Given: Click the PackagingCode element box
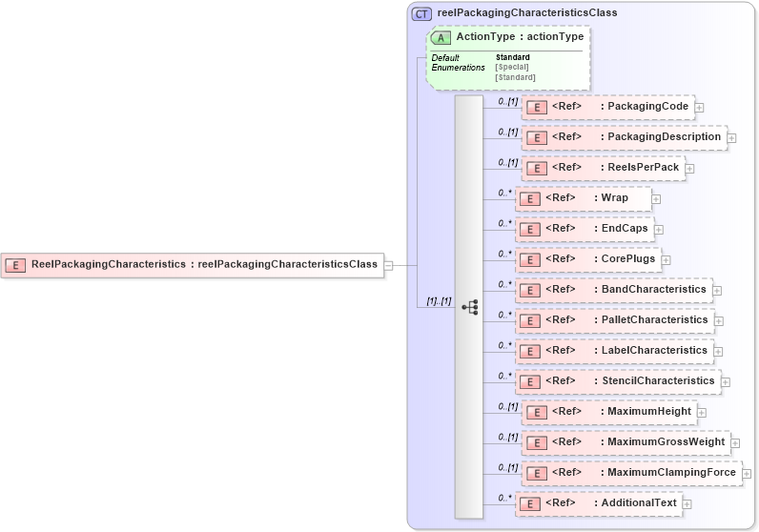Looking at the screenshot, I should coord(607,107).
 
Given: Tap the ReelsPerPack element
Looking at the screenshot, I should coord(603,168).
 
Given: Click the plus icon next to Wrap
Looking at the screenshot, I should coord(656,199).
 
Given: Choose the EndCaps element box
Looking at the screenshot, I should coord(585,229).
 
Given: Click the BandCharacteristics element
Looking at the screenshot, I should coord(613,290).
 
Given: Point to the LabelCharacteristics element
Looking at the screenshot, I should coord(614,351).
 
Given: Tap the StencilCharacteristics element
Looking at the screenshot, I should coord(617,381).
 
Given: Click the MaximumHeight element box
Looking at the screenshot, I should coord(608,412).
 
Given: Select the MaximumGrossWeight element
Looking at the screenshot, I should coord(626,442).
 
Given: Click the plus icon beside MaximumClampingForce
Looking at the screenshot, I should coord(747,474).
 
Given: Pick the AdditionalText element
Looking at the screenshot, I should coord(598,503).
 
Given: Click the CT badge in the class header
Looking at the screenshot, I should coord(421,13).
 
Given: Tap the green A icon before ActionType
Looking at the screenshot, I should coord(441,37).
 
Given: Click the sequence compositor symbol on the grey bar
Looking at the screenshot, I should coord(469,307).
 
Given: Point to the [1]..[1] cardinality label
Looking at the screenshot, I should coord(439,301).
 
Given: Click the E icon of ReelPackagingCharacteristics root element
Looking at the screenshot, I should coord(15,265).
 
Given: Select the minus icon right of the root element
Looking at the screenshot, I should coord(388,266).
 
